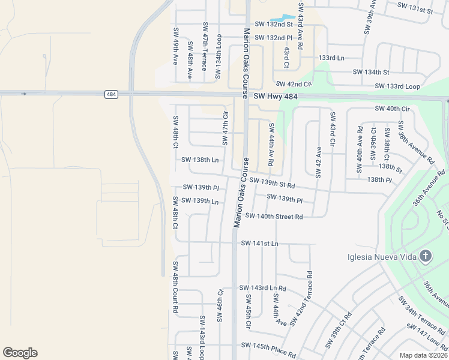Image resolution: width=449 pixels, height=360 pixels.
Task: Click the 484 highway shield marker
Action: [x=110, y=94]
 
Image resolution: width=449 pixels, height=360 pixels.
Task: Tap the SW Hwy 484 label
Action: [x=274, y=96]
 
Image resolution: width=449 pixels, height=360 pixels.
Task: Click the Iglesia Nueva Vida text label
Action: [x=381, y=258]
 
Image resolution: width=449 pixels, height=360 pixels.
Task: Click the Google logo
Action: [x=20, y=353]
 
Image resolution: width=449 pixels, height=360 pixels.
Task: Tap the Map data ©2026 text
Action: [x=424, y=355]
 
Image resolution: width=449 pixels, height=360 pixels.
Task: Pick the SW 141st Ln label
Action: [x=260, y=243]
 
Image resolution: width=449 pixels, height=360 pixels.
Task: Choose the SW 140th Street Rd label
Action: [x=274, y=216]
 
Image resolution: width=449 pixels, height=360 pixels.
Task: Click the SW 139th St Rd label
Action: [x=272, y=182]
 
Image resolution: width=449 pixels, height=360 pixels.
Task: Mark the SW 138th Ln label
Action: [x=199, y=160]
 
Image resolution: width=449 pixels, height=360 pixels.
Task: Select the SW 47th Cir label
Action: [x=226, y=128]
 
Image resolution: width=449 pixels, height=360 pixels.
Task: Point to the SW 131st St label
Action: [x=415, y=11]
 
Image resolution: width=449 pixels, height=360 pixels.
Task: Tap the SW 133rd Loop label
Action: [x=396, y=86]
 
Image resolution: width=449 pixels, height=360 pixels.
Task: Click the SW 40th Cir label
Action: [x=392, y=109]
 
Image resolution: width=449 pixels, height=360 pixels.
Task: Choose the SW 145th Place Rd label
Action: [x=268, y=346]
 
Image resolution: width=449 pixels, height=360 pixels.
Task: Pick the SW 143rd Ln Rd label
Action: [x=262, y=288]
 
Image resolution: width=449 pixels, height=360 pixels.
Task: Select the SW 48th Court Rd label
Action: [x=176, y=287]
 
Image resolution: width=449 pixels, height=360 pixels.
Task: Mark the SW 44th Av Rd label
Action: [x=271, y=144]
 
